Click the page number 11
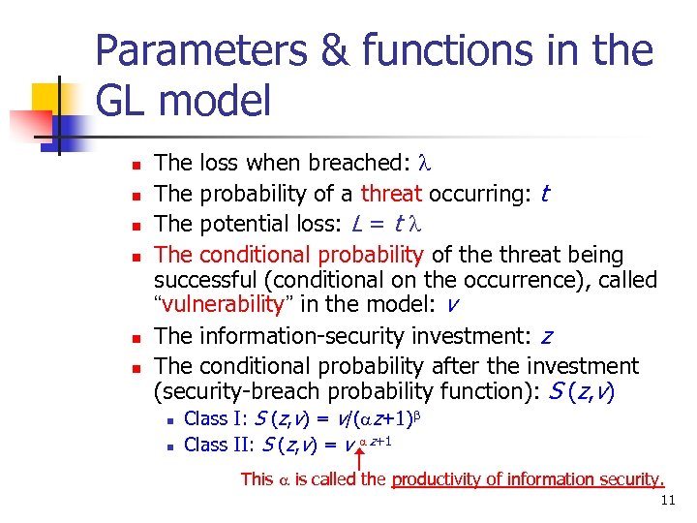click(666, 501)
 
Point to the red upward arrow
click(359, 459)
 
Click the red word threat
click(392, 194)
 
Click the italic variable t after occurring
click(545, 194)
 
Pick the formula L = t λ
click(383, 225)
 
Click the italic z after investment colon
click(547, 337)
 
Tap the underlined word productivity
click(441, 478)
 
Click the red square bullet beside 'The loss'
click(136, 165)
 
